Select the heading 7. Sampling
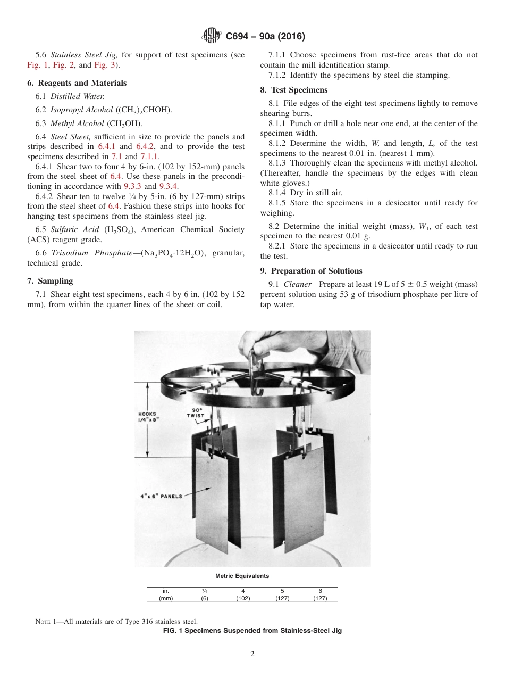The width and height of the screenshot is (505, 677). pyautogui.click(x=50, y=281)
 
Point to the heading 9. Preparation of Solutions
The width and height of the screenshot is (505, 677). pyautogui.click(x=311, y=271)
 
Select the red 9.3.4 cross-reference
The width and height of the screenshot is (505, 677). pyautogui.click(x=169, y=186)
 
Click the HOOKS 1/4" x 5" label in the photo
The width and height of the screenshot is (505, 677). pyautogui.click(x=148, y=417)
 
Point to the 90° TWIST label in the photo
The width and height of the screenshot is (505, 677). pyautogui.click(x=196, y=412)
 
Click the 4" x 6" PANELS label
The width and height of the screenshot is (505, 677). pyautogui.click(x=157, y=497)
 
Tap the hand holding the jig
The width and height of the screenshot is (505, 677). pyautogui.click(x=266, y=346)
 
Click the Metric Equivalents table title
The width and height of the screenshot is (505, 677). pyautogui.click(x=242, y=576)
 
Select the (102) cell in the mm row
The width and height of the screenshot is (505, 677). pyautogui.click(x=243, y=598)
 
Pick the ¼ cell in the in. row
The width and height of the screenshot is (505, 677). pyautogui.click(x=205, y=591)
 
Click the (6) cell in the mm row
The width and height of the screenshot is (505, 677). pyautogui.click(x=205, y=598)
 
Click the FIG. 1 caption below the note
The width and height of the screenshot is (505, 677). pyautogui.click(x=252, y=631)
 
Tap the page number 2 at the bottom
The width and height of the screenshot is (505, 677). pyautogui.click(x=252, y=654)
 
